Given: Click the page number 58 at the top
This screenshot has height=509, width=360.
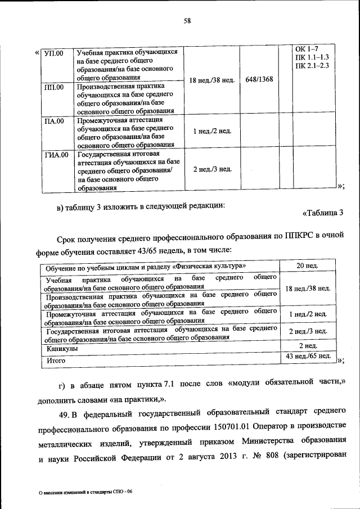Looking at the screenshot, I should coord(187,22).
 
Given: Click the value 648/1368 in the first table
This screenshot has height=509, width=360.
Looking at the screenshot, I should coord(259,79).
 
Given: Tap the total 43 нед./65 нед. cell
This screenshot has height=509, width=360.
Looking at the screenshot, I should coord(308,357).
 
